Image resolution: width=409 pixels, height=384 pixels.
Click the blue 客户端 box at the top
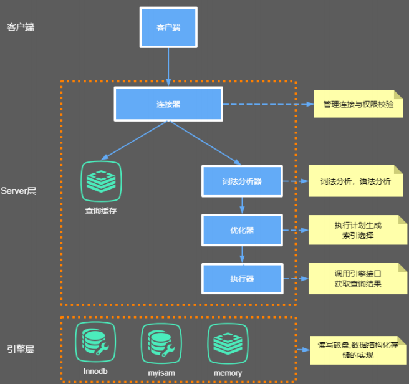[168, 27]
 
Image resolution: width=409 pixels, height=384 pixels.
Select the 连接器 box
[168, 104]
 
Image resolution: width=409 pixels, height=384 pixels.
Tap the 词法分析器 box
[242, 181]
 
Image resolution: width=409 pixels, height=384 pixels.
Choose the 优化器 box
[242, 230]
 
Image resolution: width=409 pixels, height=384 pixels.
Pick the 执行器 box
[243, 279]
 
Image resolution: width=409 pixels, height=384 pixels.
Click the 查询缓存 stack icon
[101, 181]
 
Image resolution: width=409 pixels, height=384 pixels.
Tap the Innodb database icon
[95, 342]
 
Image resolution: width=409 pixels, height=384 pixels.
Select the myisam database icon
[161, 343]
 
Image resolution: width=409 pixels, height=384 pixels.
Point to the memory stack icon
[228, 343]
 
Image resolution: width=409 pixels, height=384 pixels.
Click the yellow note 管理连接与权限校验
[358, 104]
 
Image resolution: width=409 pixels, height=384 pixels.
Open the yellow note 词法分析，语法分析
[355, 181]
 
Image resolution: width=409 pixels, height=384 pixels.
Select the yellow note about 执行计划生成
[358, 230]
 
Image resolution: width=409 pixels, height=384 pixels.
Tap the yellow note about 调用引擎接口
[358, 279]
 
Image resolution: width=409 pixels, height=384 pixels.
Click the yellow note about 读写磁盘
[358, 350]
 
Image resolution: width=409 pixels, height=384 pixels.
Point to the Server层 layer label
[18, 191]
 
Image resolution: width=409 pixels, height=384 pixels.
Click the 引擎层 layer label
[21, 349]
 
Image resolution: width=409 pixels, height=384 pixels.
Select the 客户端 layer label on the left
[21, 27]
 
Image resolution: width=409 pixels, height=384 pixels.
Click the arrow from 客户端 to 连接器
[168, 67]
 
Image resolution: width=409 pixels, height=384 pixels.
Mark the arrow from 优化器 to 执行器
[242, 254]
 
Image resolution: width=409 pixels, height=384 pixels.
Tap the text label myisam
[161, 373]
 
